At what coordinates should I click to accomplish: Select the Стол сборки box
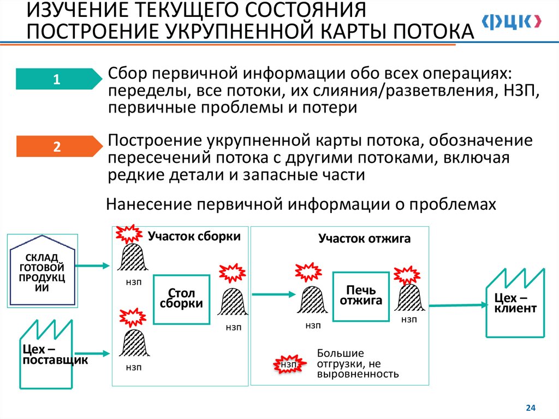coord(181,299)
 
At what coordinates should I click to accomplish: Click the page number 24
coord(530,408)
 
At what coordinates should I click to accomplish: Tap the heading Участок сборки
coord(194,236)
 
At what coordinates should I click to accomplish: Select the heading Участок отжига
coord(365,239)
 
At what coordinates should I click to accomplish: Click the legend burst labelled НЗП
coord(289,364)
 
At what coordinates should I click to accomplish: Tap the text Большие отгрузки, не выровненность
coord(358,364)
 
